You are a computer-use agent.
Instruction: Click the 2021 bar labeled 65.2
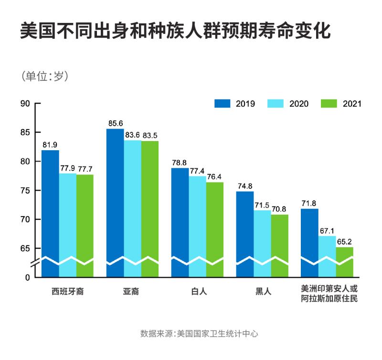pos(345,263)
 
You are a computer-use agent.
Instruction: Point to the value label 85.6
pos(116,123)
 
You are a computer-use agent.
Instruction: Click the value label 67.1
pos(327,230)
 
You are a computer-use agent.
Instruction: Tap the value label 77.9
pos(68,168)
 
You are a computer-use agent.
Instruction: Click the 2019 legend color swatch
pos(223,104)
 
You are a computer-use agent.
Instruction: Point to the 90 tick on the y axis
pos(25,104)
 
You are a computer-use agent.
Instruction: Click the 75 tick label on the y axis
pos(25,191)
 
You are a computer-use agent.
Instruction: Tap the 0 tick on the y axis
pos(28,277)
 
